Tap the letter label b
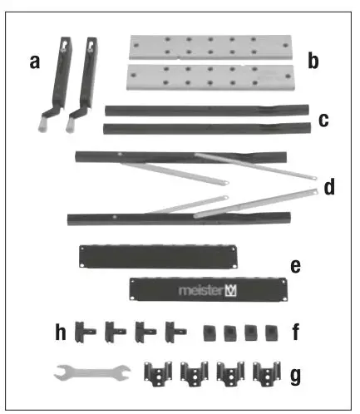point(313,60)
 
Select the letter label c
point(323,120)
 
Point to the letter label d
point(329,187)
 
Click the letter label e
point(295,266)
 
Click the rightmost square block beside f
point(269,333)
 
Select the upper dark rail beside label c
point(208,110)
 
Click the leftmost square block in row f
point(210,333)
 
